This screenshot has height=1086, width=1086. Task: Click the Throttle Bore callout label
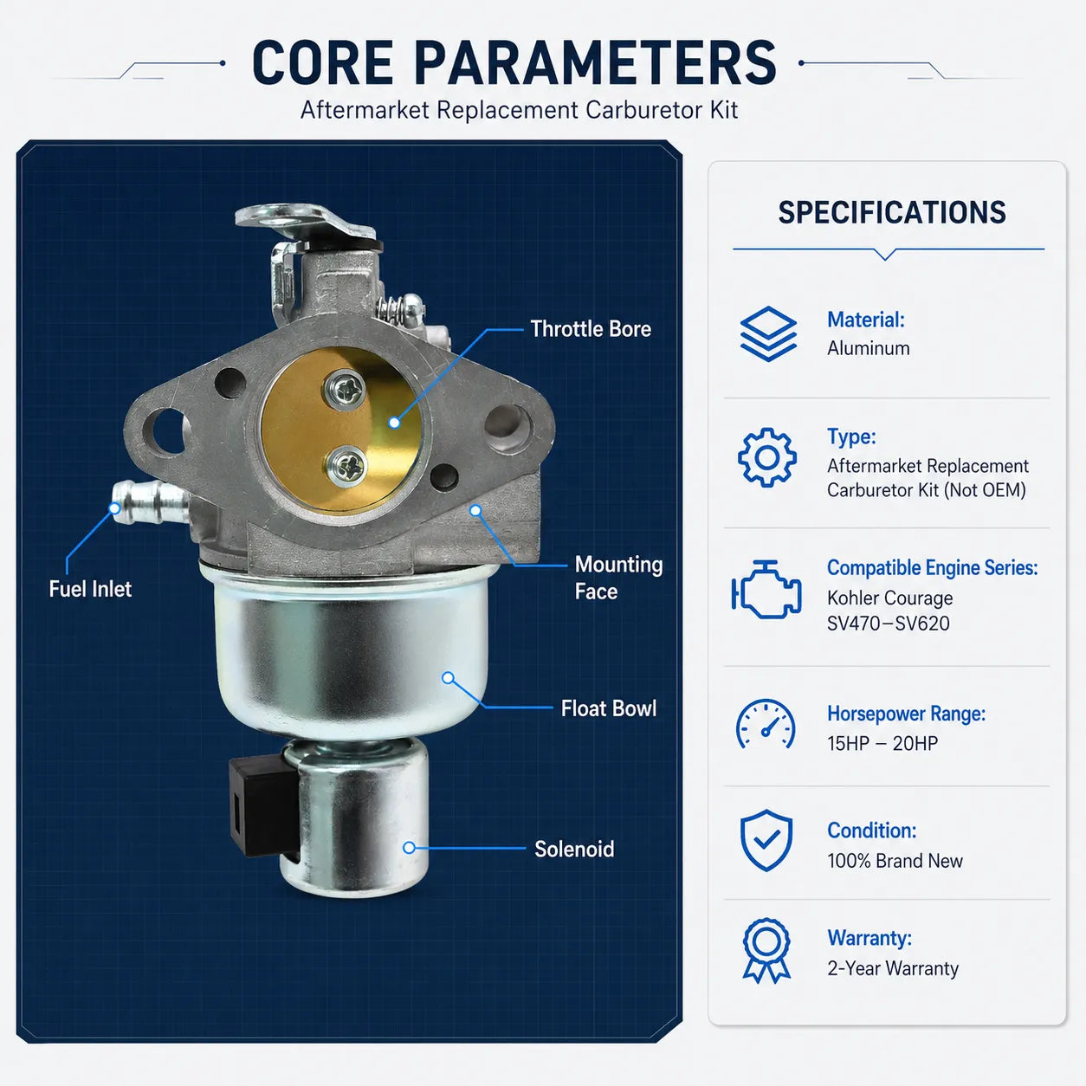[x=591, y=329]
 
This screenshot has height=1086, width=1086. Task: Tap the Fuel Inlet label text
[x=90, y=590]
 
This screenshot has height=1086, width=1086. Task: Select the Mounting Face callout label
[x=618, y=579]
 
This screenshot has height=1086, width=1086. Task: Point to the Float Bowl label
[x=609, y=708]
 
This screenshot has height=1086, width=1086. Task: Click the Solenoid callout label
[x=574, y=850]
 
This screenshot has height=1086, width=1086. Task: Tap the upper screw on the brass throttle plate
[x=345, y=389]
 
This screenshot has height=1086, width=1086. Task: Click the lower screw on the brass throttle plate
[x=346, y=467]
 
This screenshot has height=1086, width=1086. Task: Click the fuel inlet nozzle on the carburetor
[x=149, y=501]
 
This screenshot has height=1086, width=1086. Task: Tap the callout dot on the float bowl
[x=448, y=678]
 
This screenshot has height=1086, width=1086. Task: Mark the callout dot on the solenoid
[x=410, y=848]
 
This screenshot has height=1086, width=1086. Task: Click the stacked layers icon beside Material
[x=768, y=333]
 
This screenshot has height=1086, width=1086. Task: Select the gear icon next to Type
[x=767, y=457]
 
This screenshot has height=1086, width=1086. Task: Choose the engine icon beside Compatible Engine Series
[x=766, y=590]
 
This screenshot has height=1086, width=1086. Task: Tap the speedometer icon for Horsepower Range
[x=766, y=725]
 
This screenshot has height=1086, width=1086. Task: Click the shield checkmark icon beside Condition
[x=766, y=841]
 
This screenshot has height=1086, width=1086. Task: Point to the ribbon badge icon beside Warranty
[x=766, y=952]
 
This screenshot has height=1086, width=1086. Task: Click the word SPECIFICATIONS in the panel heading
[x=891, y=212]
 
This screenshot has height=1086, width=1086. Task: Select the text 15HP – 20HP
[x=882, y=744]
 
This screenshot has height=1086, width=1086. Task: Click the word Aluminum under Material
[x=869, y=348]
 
